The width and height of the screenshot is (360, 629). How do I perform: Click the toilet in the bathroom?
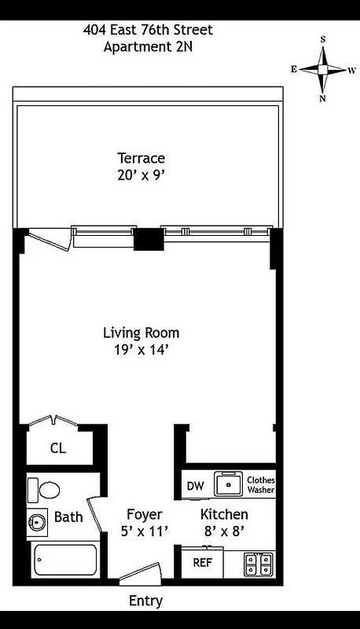coord(45,491)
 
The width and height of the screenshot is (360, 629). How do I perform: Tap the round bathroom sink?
coord(37,520)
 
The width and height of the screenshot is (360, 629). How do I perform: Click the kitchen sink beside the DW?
coord(230,485)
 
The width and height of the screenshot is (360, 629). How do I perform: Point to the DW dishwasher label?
coord(196,486)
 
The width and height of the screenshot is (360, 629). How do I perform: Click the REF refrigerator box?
coord(202,563)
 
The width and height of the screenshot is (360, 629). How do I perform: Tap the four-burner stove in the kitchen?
coord(259,563)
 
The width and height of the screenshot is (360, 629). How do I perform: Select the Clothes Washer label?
coord(260,485)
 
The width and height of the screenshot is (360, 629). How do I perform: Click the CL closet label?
coord(57,449)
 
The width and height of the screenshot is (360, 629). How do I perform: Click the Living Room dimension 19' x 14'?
coord(141,350)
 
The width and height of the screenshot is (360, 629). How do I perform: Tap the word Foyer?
coord(145,515)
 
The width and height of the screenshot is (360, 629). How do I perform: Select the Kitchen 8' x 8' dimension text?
coord(224,531)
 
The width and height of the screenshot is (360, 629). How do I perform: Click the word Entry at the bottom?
coord(146,601)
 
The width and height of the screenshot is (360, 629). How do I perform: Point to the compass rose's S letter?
coord(322,39)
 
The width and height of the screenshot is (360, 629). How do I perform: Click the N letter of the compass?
coord(322,98)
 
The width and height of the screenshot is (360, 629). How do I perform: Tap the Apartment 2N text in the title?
coord(148,46)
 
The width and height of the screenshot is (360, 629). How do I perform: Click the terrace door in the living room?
coord(47,238)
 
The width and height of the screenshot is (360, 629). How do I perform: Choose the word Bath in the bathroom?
coord(68,517)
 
